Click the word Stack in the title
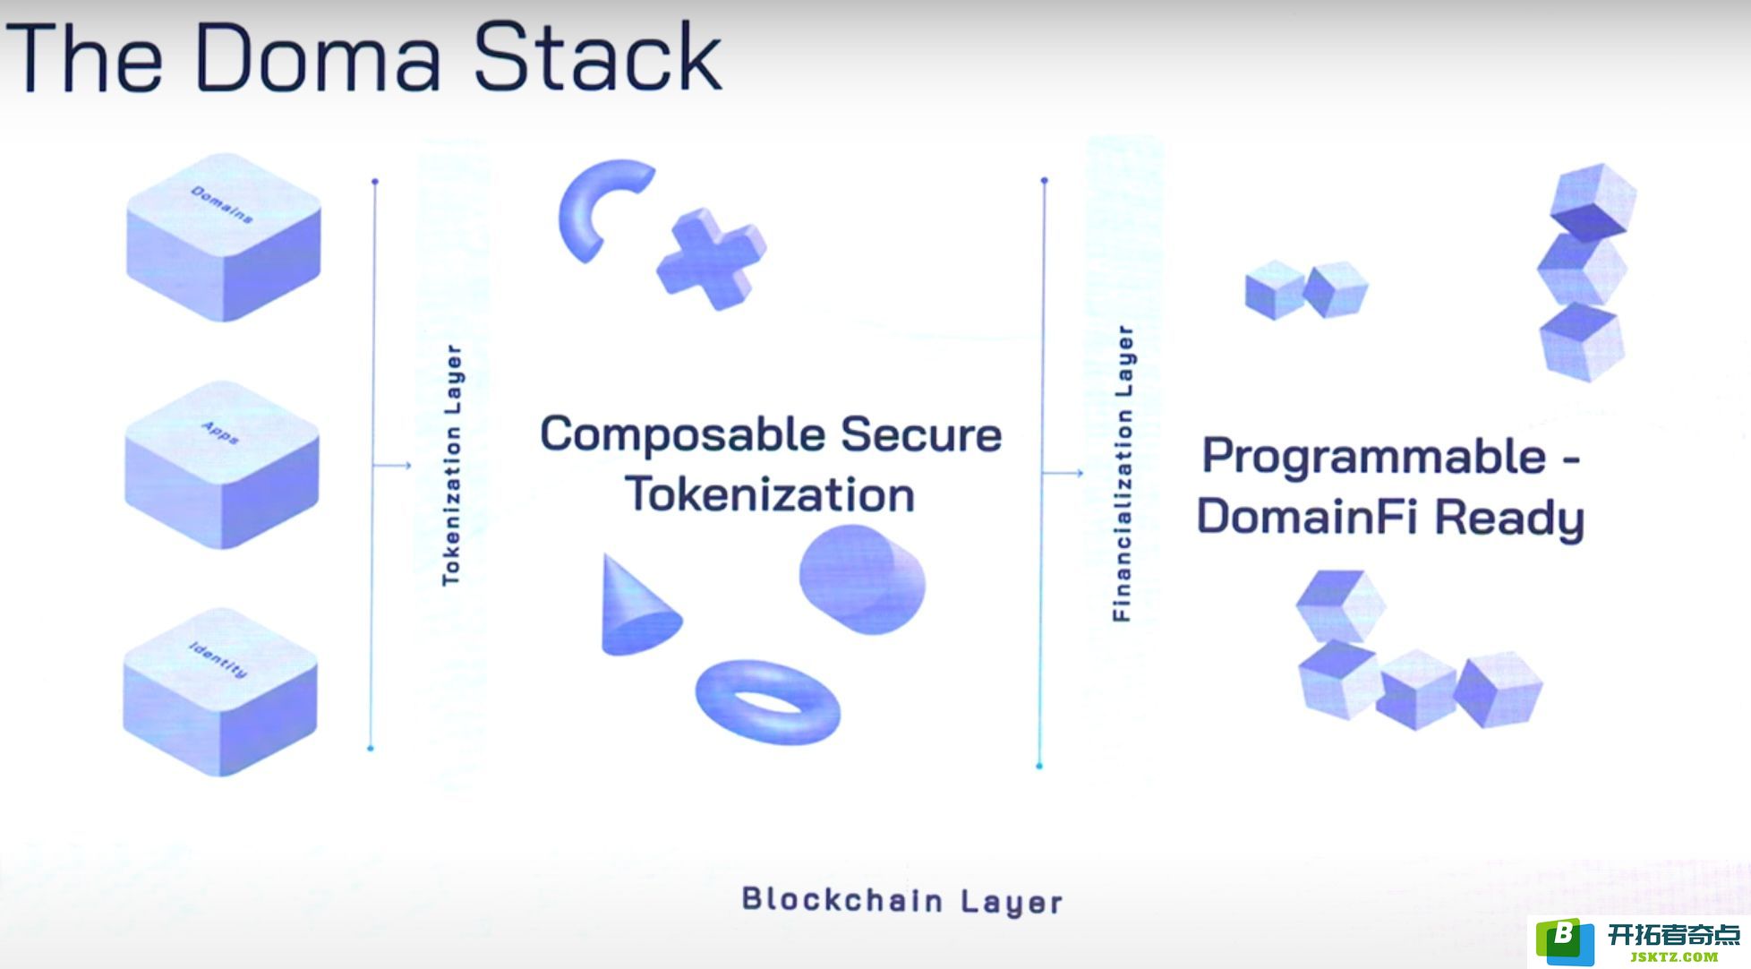point(597,56)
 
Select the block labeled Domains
point(224,236)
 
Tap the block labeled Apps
point(222,465)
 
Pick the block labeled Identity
point(220,692)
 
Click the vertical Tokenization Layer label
point(452,466)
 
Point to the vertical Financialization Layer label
point(1123,474)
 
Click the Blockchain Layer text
point(902,901)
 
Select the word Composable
point(683,436)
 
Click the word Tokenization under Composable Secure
point(770,494)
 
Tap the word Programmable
point(1374,459)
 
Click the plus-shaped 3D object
point(712,259)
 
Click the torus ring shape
point(768,703)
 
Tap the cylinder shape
point(862,579)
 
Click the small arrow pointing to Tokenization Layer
point(392,466)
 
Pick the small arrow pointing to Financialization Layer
point(1063,473)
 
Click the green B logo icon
point(1565,941)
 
